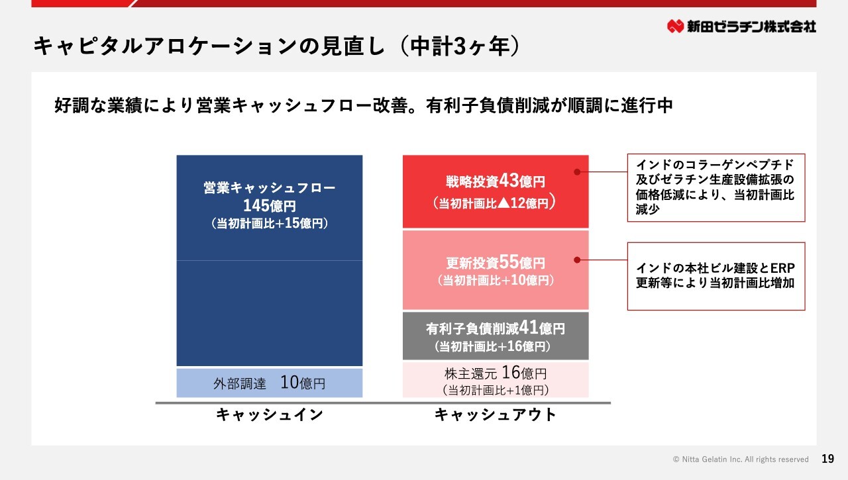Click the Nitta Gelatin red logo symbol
pyautogui.click(x=675, y=26)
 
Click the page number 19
pyautogui.click(x=828, y=459)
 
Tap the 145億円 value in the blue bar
pyautogui.click(x=269, y=206)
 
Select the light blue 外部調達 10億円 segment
pyautogui.click(x=269, y=383)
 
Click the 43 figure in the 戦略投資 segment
pyautogui.click(x=509, y=181)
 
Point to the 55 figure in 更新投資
pyautogui.click(x=509, y=262)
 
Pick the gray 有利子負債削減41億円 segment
pyautogui.click(x=496, y=336)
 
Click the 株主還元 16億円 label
pyautogui.click(x=496, y=373)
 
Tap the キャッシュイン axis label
pyautogui.click(x=269, y=414)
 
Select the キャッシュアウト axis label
pyautogui.click(x=495, y=414)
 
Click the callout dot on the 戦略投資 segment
pyautogui.click(x=577, y=171)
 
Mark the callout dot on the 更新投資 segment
pyautogui.click(x=577, y=260)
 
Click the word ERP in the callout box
pyautogui.click(x=782, y=268)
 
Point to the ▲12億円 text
pyautogui.click(x=523, y=203)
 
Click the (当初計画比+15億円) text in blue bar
pyautogui.click(x=269, y=224)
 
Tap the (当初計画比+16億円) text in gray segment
pyautogui.click(x=492, y=346)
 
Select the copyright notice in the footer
pyautogui.click(x=741, y=459)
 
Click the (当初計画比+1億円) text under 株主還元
pyautogui.click(x=496, y=390)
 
